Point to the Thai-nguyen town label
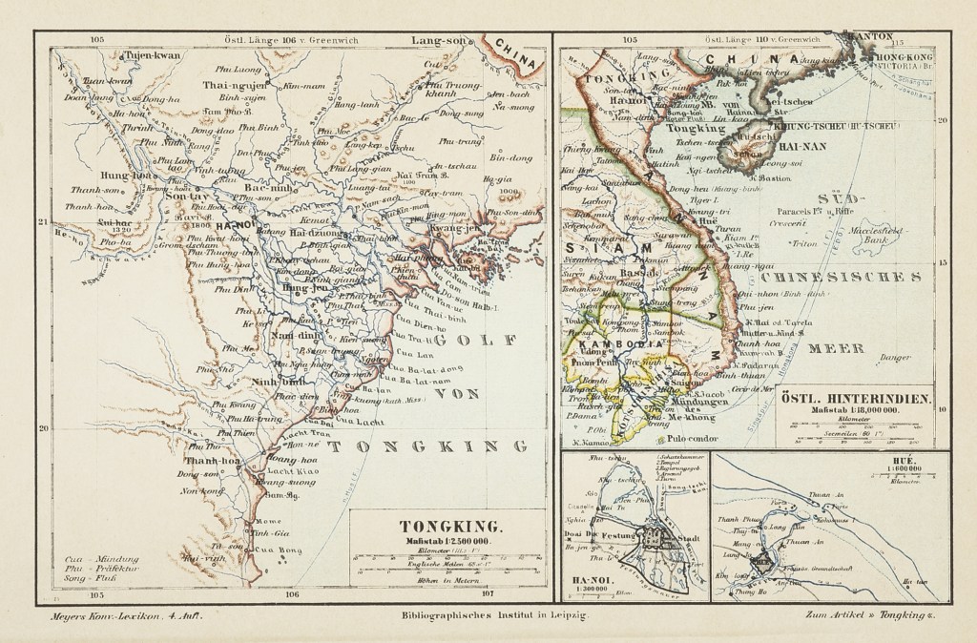226,84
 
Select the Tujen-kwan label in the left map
154,56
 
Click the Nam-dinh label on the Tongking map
271,336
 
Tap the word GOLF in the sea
470,340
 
